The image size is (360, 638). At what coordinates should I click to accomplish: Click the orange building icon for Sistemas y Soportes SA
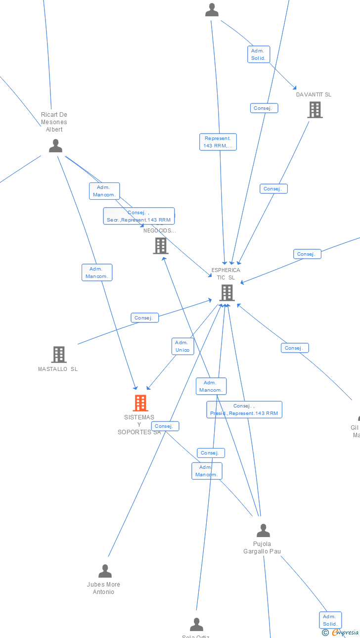140,403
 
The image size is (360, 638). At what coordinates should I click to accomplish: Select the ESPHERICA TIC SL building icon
226,293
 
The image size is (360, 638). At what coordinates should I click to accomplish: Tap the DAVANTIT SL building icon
315,110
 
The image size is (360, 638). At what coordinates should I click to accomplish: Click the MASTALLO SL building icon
59,354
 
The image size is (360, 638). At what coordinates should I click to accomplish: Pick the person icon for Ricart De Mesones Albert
55,146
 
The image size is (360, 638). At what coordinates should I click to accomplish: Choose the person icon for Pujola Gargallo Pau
263,531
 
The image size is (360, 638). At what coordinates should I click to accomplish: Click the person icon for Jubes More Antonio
105,571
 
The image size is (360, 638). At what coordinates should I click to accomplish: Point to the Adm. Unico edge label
182,346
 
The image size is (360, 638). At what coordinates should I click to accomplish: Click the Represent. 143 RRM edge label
218,142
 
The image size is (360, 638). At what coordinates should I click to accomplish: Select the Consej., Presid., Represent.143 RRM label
244,410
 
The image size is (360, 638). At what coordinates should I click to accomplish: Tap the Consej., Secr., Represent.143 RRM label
139,216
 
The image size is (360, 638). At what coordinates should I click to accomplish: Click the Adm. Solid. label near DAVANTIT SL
259,54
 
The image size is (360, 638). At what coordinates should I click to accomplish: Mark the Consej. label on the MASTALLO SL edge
144,318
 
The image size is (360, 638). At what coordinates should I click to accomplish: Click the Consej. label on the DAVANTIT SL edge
273,188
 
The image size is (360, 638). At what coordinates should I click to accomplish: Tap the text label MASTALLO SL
58,369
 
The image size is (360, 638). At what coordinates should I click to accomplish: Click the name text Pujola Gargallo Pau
262,547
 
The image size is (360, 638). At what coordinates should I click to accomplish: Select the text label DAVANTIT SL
314,94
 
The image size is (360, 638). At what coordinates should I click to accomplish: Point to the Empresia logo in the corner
341,632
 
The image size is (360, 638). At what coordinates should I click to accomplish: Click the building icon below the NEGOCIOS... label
161,246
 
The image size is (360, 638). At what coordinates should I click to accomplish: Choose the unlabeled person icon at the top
212,10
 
